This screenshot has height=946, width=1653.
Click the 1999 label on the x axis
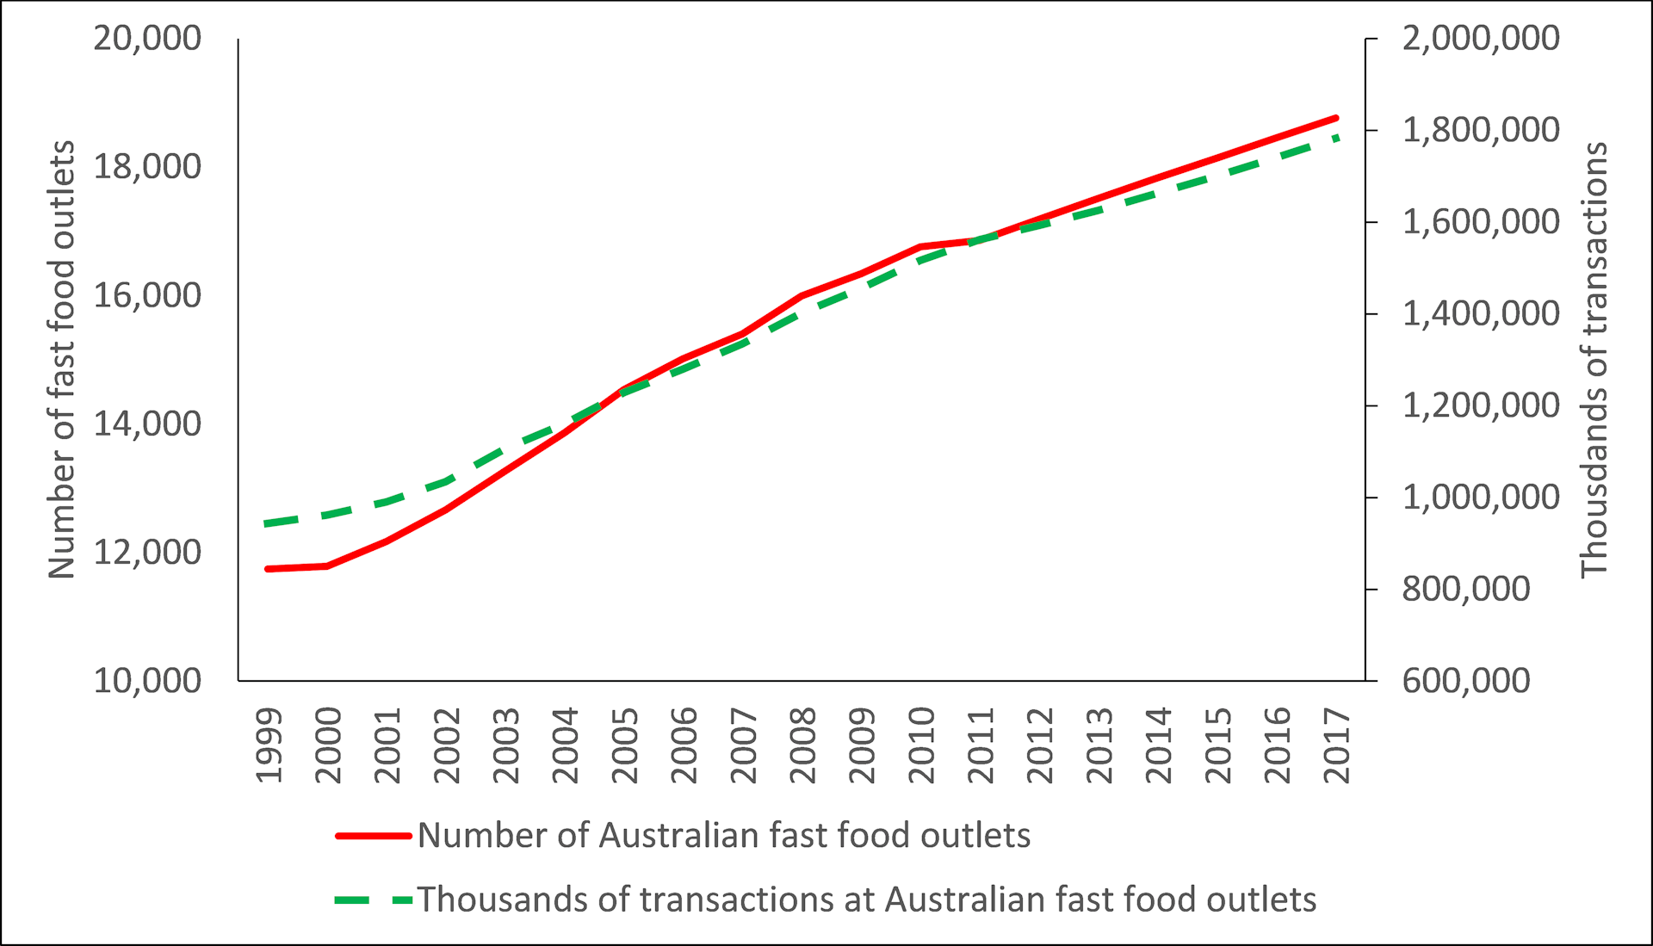[269, 745]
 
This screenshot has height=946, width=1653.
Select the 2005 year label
[625, 745]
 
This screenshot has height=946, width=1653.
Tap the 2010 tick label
[922, 745]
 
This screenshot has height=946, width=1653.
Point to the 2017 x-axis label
[1337, 745]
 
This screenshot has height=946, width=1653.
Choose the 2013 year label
[1099, 745]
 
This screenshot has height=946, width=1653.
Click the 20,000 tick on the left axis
[147, 39]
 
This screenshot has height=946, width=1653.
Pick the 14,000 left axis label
[147, 424]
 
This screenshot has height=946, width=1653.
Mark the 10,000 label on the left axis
[147, 681]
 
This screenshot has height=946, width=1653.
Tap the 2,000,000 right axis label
[1481, 39]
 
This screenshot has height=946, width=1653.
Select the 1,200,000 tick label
[1481, 405]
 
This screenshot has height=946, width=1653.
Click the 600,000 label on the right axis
[1466, 681]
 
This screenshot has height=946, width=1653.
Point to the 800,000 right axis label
[1466, 590]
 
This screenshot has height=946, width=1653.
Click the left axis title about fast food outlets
[62, 359]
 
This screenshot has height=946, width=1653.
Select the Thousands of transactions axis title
[1594, 359]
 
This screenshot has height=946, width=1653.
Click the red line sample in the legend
[373, 836]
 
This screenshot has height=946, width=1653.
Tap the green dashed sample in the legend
[373, 900]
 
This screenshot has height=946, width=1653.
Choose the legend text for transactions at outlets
[867, 900]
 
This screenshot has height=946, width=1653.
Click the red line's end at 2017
[1336, 118]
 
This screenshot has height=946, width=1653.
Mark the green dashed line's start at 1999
[269, 523]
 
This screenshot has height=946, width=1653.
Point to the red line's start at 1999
[269, 569]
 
